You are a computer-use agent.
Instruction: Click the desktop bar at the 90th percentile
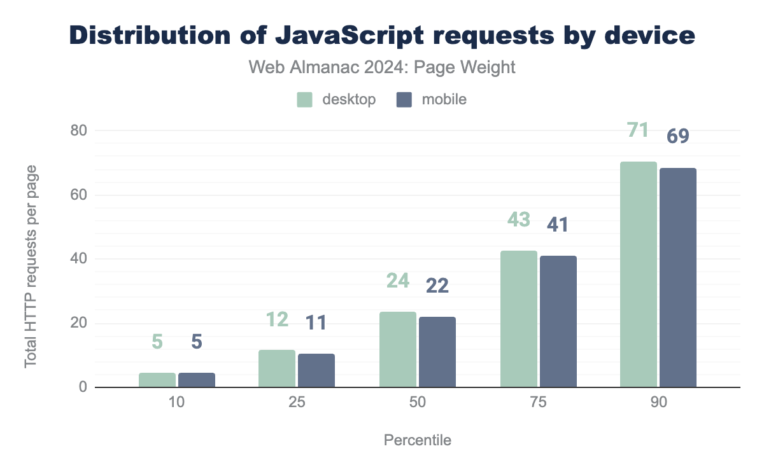click(638, 275)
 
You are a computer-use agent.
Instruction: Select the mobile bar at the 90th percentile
click(678, 278)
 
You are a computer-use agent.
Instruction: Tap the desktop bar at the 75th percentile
click(518, 319)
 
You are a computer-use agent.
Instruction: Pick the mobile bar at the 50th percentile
click(437, 352)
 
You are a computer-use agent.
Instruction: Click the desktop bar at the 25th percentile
click(277, 369)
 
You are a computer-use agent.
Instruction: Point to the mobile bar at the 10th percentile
click(197, 380)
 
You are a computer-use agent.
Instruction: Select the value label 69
click(678, 136)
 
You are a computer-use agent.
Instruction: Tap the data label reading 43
click(519, 219)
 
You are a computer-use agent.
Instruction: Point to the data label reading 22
click(437, 286)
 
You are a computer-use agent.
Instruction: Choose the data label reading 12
click(277, 319)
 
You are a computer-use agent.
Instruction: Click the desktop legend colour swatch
click(305, 100)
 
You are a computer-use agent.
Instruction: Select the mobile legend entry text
click(444, 100)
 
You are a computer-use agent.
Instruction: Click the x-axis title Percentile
click(417, 440)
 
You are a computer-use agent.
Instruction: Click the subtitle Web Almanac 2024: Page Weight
click(381, 68)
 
